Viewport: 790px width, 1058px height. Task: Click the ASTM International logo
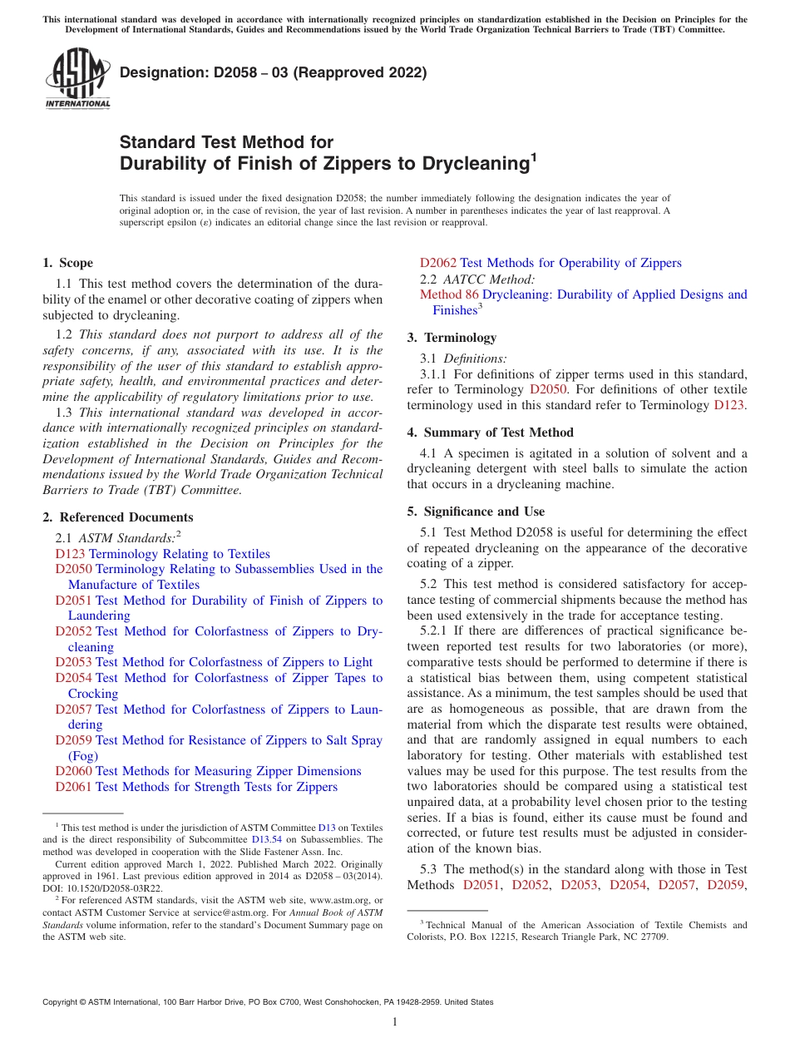(77, 79)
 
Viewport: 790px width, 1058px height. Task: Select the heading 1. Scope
(67, 263)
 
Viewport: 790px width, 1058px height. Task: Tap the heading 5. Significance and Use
(476, 512)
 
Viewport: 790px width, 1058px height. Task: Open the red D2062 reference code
(438, 264)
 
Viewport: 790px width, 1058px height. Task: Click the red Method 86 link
(449, 294)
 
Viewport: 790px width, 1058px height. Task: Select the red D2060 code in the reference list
(73, 772)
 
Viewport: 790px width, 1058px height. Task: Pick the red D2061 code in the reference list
(73, 787)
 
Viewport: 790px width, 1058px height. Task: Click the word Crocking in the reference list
(93, 694)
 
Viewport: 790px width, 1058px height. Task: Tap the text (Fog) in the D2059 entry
(83, 756)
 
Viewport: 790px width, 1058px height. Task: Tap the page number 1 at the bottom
(395, 1022)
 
